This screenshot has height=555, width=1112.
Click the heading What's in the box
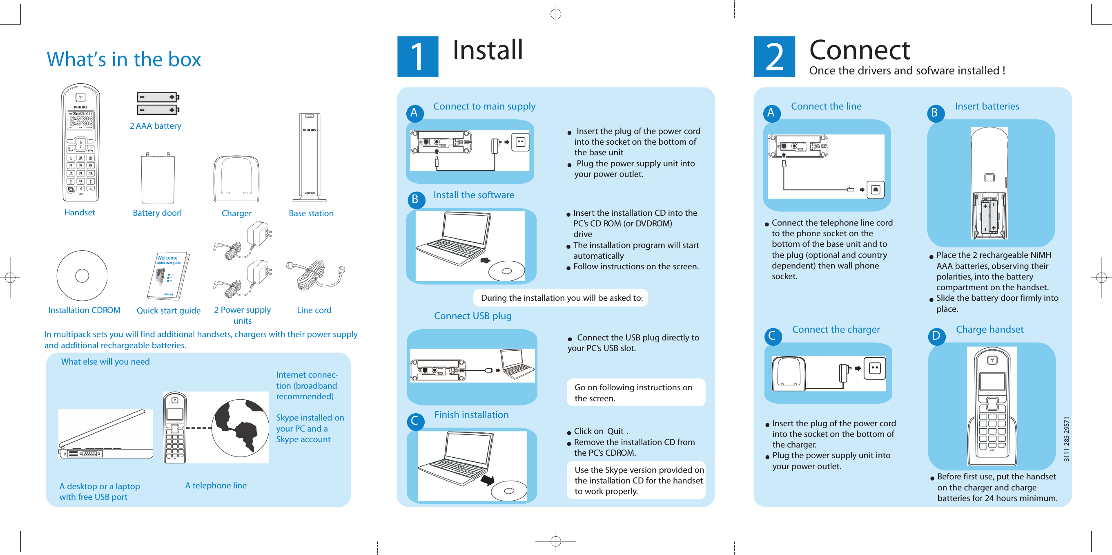[x=124, y=59]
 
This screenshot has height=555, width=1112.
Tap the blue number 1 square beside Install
[x=417, y=56]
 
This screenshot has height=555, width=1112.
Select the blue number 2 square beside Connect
[x=774, y=56]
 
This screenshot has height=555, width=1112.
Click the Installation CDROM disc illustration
[x=82, y=275]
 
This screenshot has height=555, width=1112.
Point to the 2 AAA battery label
[x=156, y=126]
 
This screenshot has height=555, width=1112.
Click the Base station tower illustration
[x=310, y=158]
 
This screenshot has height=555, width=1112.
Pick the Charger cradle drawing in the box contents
[x=236, y=179]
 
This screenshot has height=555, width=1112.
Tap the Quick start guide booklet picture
[x=168, y=276]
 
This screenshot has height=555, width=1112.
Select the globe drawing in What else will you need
[x=240, y=427]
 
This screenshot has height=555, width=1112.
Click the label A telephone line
[x=216, y=486]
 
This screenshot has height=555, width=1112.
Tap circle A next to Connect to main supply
[x=414, y=113]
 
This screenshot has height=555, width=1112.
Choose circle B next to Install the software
[x=416, y=199]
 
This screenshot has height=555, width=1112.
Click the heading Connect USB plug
[x=472, y=316]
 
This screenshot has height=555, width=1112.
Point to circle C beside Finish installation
[x=415, y=421]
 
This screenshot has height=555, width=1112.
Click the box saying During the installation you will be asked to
[x=561, y=298]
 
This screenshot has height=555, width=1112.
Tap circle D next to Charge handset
[x=936, y=336]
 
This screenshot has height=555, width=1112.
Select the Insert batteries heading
[x=986, y=106]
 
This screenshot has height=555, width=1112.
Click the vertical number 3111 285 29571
[x=1066, y=439]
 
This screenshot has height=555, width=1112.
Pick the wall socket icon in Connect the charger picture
[x=875, y=368]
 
